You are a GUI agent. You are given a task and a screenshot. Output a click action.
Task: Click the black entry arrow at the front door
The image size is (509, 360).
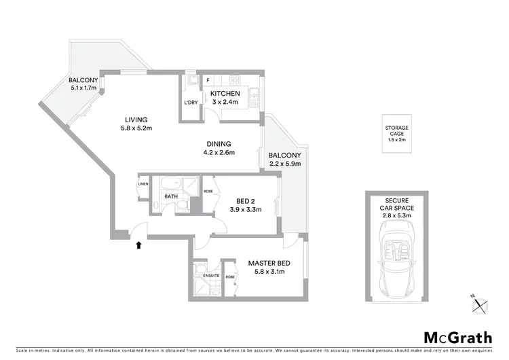tap(139, 245)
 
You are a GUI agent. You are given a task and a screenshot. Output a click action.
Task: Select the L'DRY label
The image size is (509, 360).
tap(191, 103)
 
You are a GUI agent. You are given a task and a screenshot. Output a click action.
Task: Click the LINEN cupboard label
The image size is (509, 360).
tap(143, 184)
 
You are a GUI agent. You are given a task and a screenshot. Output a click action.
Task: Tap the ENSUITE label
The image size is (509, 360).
tap(211, 275)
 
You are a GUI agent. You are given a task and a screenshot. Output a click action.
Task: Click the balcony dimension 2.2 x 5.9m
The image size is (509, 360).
tap(284, 164)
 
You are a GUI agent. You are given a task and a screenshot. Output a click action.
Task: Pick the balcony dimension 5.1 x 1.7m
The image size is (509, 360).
tap(83, 88)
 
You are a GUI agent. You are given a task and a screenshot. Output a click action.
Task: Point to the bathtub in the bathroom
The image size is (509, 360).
tap(170, 183)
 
